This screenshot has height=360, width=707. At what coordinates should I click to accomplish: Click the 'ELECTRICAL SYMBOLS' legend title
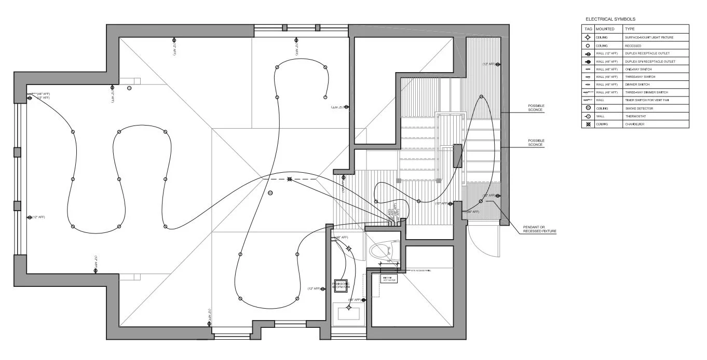610,19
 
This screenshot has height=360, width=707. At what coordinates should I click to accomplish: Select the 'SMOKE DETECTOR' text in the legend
638,108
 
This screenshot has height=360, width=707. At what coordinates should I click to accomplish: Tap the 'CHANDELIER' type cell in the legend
635,124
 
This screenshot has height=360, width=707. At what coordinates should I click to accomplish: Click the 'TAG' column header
588,29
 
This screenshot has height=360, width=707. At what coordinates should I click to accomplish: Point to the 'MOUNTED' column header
605,29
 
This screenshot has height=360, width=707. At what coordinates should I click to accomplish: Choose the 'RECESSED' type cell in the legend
634,46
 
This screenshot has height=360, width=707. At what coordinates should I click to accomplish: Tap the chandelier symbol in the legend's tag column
588,124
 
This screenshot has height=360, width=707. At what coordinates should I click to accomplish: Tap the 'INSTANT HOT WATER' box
390,280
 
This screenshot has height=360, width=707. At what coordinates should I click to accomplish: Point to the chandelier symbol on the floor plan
290,179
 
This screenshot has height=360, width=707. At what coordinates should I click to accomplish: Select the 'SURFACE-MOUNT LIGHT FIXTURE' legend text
649,37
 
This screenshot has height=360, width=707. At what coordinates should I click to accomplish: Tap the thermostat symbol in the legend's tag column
588,116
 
